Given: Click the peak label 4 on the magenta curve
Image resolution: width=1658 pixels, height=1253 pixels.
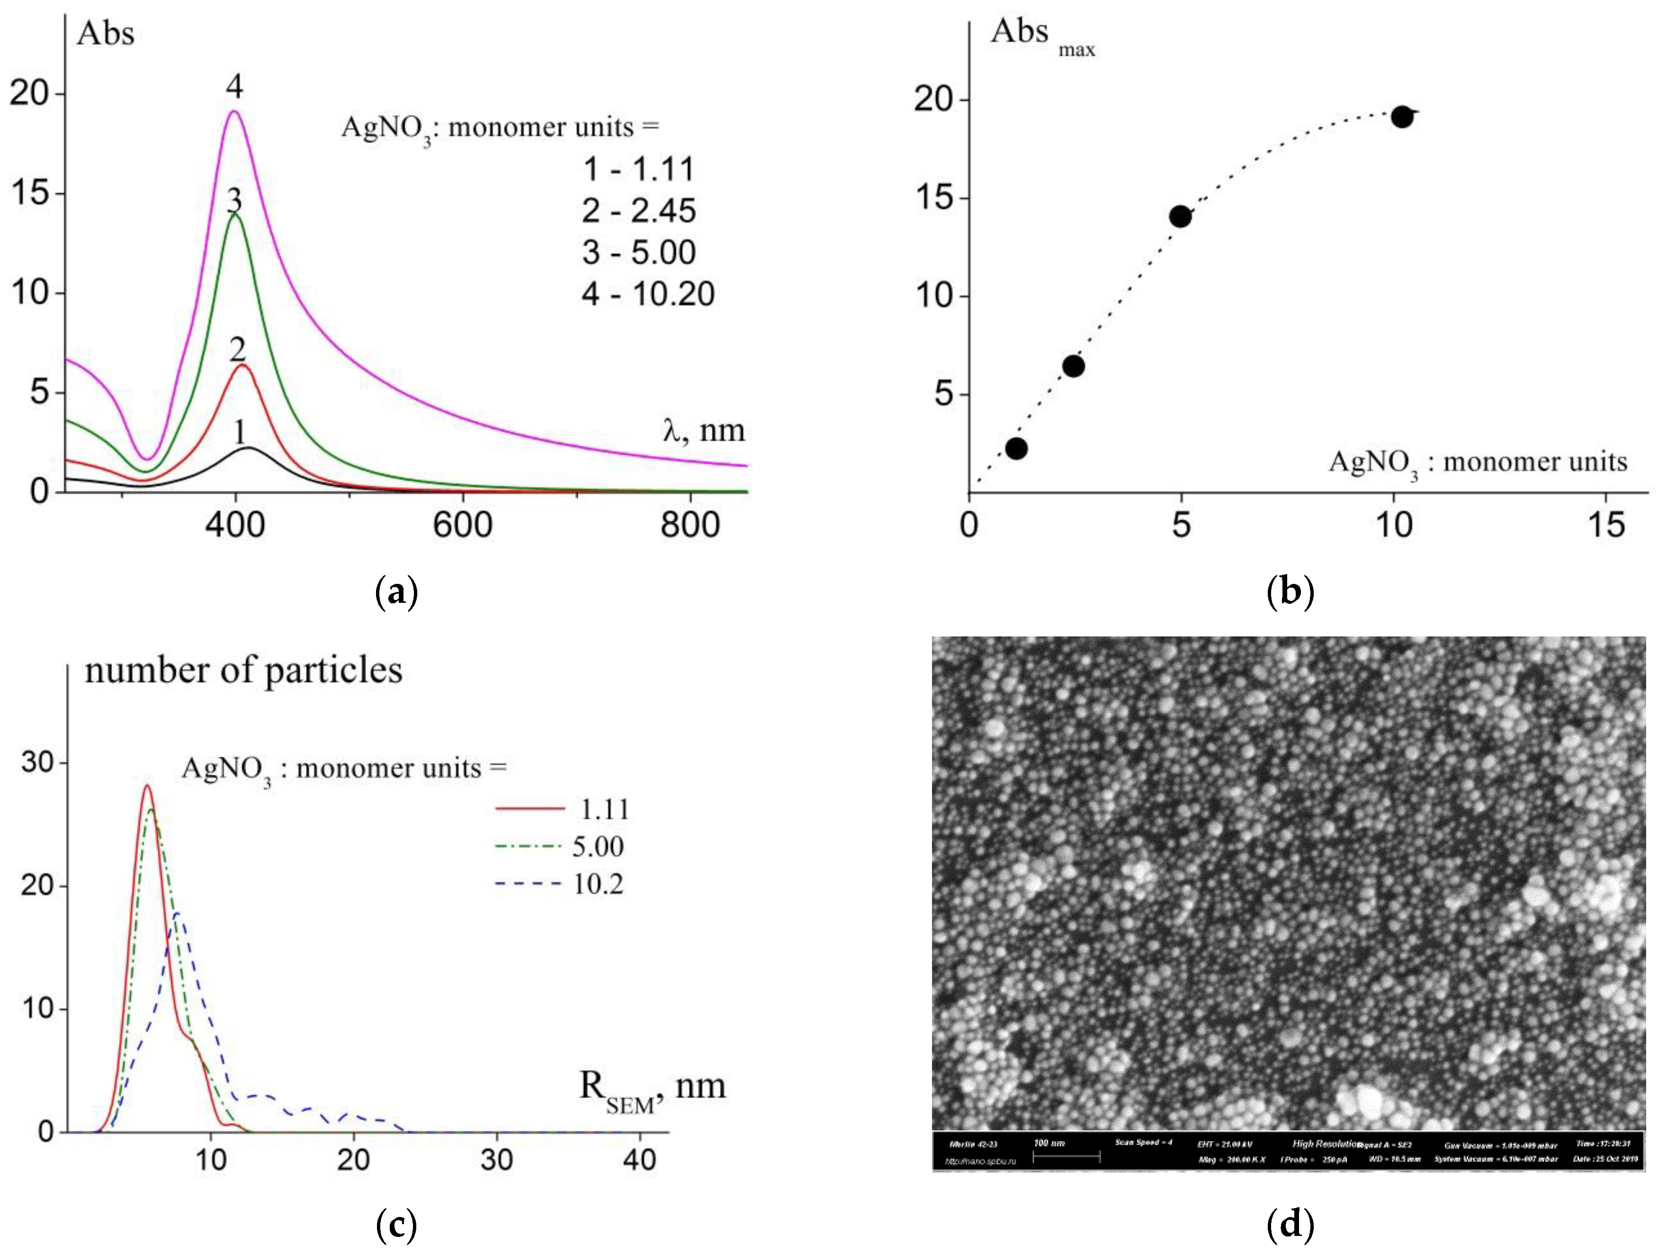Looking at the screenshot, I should pos(234,88).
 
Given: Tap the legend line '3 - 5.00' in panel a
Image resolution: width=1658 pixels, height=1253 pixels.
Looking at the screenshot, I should pos(638,252).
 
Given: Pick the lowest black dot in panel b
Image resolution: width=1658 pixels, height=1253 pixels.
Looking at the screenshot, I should pos(1016,448).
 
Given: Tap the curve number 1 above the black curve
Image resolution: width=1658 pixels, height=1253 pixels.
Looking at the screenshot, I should pos(239,432).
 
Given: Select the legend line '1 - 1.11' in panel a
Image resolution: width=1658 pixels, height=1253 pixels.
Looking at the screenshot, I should pos(638,170).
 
